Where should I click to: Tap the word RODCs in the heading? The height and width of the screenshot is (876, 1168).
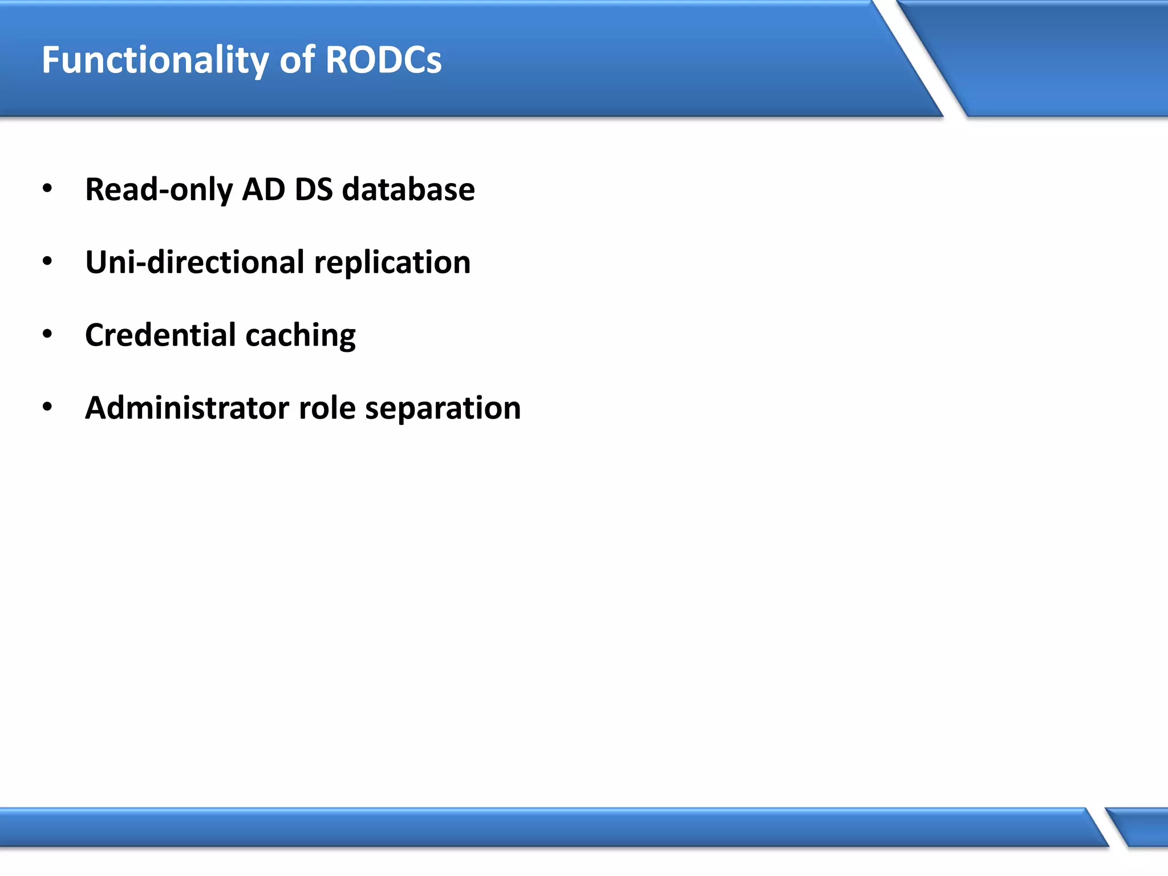coord(383,59)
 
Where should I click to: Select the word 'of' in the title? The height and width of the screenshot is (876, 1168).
coord(297,59)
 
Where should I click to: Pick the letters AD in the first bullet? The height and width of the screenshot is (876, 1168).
coord(263,189)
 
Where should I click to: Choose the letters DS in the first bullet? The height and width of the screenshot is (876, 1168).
coord(314,189)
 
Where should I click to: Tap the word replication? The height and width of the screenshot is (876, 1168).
coord(392,263)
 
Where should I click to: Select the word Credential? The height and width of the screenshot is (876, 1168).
coord(160,335)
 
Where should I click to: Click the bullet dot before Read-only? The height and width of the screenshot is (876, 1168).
coord(47,189)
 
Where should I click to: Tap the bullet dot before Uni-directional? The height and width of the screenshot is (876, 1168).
coord(47,262)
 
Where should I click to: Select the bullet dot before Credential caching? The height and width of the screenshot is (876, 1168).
coord(47,335)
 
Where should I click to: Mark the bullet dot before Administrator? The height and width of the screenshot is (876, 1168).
coord(47,407)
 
